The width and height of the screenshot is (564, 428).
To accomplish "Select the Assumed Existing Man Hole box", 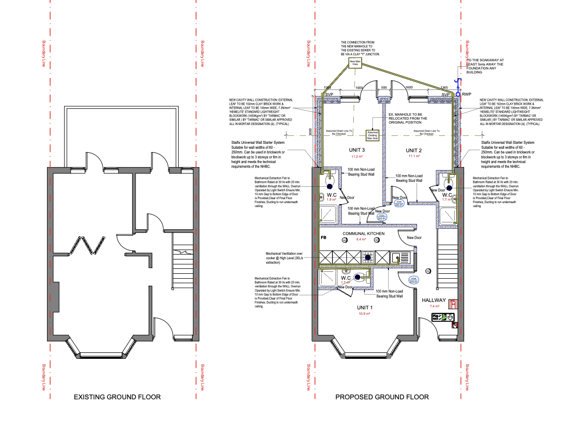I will tap(372, 134).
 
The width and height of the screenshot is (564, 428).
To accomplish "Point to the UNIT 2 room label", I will tap(414, 150).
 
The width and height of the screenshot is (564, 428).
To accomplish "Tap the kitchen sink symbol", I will tap(397, 257).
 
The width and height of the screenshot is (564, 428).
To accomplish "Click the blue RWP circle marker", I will tap(458, 94).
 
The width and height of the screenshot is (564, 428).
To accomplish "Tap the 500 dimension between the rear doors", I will tap(383, 87).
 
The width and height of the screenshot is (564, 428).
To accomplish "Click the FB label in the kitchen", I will tap(323, 238).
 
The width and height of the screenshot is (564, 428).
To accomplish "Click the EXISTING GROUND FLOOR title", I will tap(117, 397).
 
